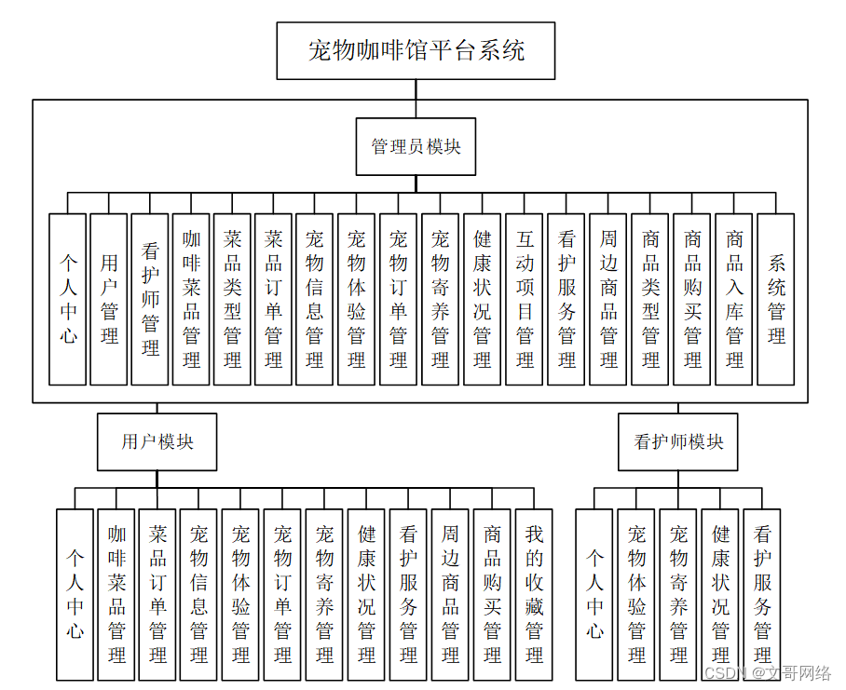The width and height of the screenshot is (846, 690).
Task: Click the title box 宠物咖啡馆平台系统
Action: point(416,50)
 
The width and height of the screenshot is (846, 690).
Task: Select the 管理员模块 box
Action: point(416,146)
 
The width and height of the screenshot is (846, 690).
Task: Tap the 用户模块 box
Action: point(157,441)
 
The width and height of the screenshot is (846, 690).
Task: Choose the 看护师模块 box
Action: point(678,441)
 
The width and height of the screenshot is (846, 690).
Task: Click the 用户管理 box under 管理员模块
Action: point(109,299)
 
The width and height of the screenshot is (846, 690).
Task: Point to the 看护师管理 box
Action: point(150,299)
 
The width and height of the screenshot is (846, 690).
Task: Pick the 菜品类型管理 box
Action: point(232,299)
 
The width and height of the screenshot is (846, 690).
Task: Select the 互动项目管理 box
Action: point(525,299)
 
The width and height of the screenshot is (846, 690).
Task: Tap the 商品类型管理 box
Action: point(650,299)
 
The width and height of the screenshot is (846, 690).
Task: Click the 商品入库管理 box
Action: point(734,299)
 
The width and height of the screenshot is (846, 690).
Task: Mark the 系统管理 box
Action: point(776,299)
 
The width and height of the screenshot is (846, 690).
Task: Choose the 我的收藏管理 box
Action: point(534,595)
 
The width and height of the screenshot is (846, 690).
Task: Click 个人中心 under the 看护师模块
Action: point(594,595)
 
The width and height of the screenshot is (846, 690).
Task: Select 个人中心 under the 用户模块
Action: point(75,595)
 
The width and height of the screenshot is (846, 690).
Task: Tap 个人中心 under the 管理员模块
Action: point(68,299)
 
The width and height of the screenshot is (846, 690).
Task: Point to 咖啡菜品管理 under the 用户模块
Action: point(116,595)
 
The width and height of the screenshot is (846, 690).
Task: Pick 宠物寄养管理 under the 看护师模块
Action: point(678,595)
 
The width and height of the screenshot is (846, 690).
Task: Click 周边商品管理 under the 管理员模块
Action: point(608,299)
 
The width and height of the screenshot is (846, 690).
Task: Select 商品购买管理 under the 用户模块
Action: point(492,595)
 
